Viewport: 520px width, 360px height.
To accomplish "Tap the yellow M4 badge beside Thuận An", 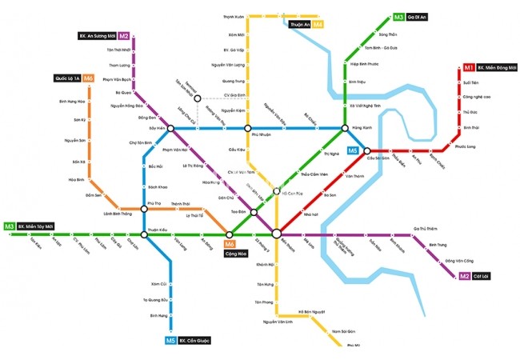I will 318,25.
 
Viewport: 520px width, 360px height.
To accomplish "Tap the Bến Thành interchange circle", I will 276,234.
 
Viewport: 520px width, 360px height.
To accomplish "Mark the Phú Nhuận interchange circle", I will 248,128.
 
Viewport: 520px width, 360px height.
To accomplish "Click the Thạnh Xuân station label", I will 233,15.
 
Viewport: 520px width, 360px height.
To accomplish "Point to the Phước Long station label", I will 465,146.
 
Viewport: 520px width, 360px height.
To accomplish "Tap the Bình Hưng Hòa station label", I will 72,102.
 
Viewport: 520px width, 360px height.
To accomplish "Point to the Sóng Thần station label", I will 387,34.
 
